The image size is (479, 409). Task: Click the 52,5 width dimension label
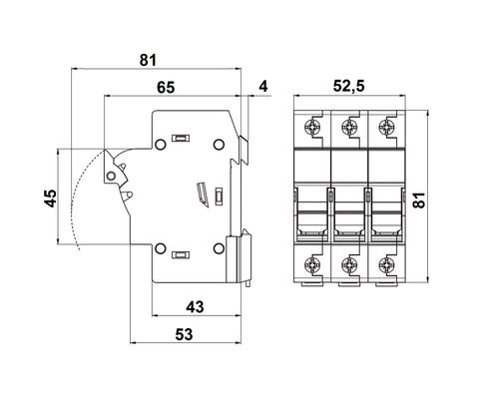click(348, 86)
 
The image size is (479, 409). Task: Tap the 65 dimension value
click(166, 88)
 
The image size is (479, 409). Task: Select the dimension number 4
click(263, 86)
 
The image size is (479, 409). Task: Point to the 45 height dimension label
click(51, 199)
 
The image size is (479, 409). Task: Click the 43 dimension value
click(195, 307)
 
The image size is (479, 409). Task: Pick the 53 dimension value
click(184, 334)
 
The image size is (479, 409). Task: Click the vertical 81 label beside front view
click(419, 200)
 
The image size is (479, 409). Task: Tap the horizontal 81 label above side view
click(148, 61)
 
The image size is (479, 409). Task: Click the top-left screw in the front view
click(312, 127)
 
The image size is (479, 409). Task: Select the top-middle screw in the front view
click(349, 127)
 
